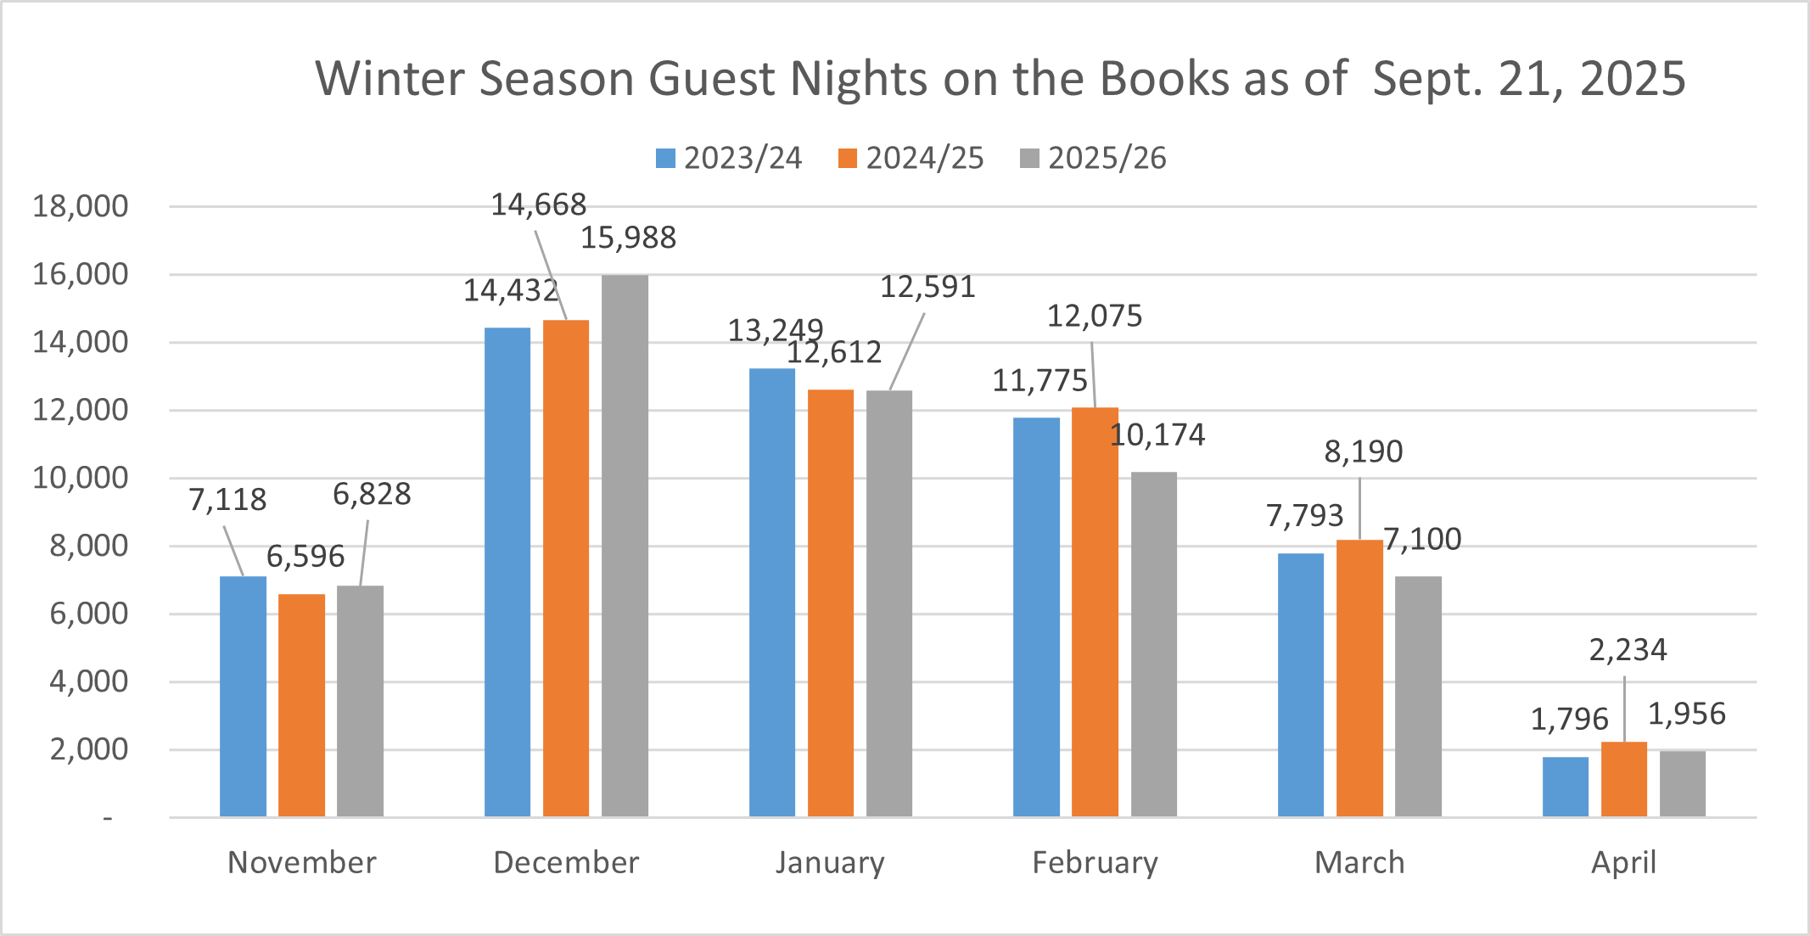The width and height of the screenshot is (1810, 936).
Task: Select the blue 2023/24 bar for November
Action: (x=243, y=696)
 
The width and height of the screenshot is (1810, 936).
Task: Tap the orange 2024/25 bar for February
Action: (x=1095, y=612)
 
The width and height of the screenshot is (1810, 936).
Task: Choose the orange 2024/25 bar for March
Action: (x=1359, y=678)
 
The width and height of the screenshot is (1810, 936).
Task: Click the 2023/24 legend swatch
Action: (x=665, y=159)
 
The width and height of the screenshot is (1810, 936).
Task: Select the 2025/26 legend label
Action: (x=1107, y=159)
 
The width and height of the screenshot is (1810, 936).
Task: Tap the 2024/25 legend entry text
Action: (x=924, y=159)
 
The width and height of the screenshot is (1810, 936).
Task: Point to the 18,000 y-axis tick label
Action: (x=81, y=206)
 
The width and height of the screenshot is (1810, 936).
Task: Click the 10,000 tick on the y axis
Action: (x=81, y=478)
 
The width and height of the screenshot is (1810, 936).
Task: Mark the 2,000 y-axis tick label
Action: (x=89, y=749)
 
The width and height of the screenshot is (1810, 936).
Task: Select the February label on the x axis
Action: (x=1095, y=862)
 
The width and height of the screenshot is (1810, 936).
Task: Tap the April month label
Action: (x=1623, y=862)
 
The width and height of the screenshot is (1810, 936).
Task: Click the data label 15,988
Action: (x=628, y=238)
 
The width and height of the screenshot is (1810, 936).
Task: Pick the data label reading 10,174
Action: (x=1157, y=434)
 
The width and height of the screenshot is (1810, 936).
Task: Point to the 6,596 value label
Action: (x=305, y=557)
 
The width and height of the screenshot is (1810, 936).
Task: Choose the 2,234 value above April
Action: (x=1628, y=650)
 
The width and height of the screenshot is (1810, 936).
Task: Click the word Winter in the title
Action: (x=390, y=79)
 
